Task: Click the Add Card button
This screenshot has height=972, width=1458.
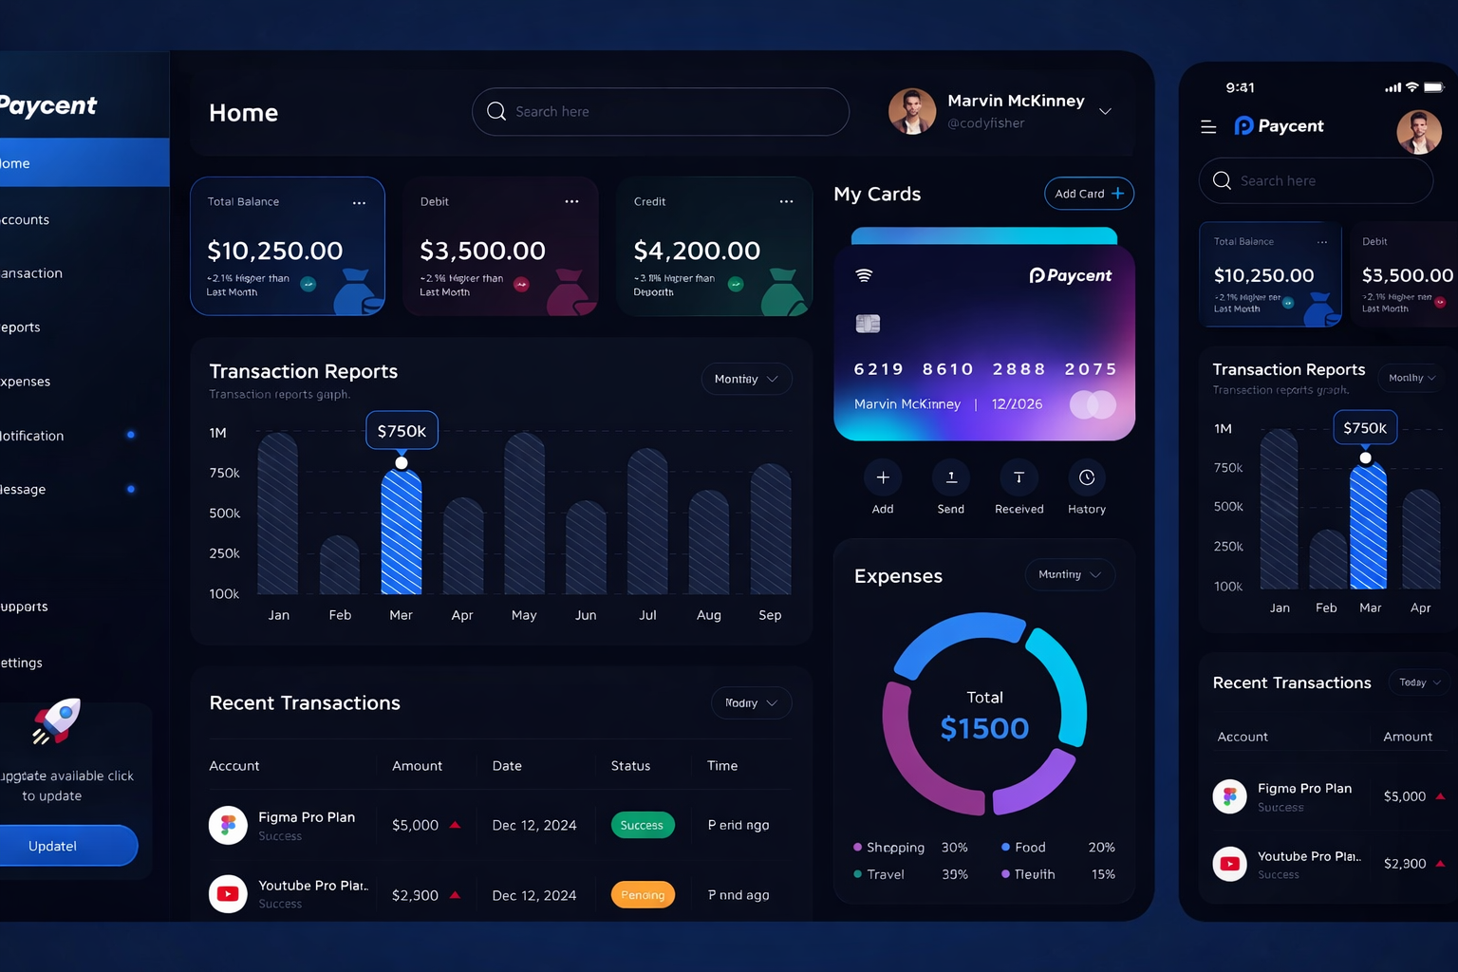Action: tap(1088, 194)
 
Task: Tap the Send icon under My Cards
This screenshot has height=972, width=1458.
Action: tap(950, 477)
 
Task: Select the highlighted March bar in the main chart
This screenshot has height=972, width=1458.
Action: tap(402, 532)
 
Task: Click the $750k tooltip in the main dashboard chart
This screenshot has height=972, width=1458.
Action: tap(402, 431)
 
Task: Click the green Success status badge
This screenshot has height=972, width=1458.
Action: tap(643, 825)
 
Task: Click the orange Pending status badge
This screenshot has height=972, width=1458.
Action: tap(643, 895)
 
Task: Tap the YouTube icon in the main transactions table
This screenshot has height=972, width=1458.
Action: tap(228, 894)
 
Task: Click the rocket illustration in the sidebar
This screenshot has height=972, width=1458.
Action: tap(57, 721)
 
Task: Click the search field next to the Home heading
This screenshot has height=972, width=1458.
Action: tap(660, 112)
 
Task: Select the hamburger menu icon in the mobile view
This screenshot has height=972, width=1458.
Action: tap(1208, 126)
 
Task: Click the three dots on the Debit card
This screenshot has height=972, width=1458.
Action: tap(571, 201)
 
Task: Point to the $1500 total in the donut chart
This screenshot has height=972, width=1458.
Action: tap(984, 728)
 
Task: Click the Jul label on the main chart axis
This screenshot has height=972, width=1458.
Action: tap(647, 615)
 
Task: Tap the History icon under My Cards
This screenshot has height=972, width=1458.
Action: tap(1086, 477)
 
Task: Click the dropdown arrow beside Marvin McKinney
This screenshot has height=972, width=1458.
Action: tap(1105, 112)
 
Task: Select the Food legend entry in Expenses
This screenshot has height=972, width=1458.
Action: tap(1029, 847)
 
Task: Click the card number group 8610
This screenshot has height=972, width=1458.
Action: tap(947, 369)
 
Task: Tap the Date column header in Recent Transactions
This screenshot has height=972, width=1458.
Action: tap(507, 766)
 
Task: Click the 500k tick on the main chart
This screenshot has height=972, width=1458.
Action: tap(225, 514)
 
